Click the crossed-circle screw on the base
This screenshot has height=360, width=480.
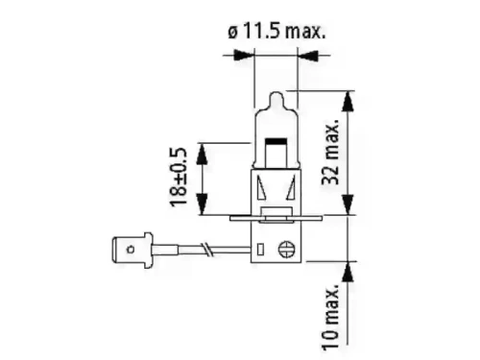(x=284, y=249)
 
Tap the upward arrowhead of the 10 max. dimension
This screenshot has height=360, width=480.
(x=350, y=270)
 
